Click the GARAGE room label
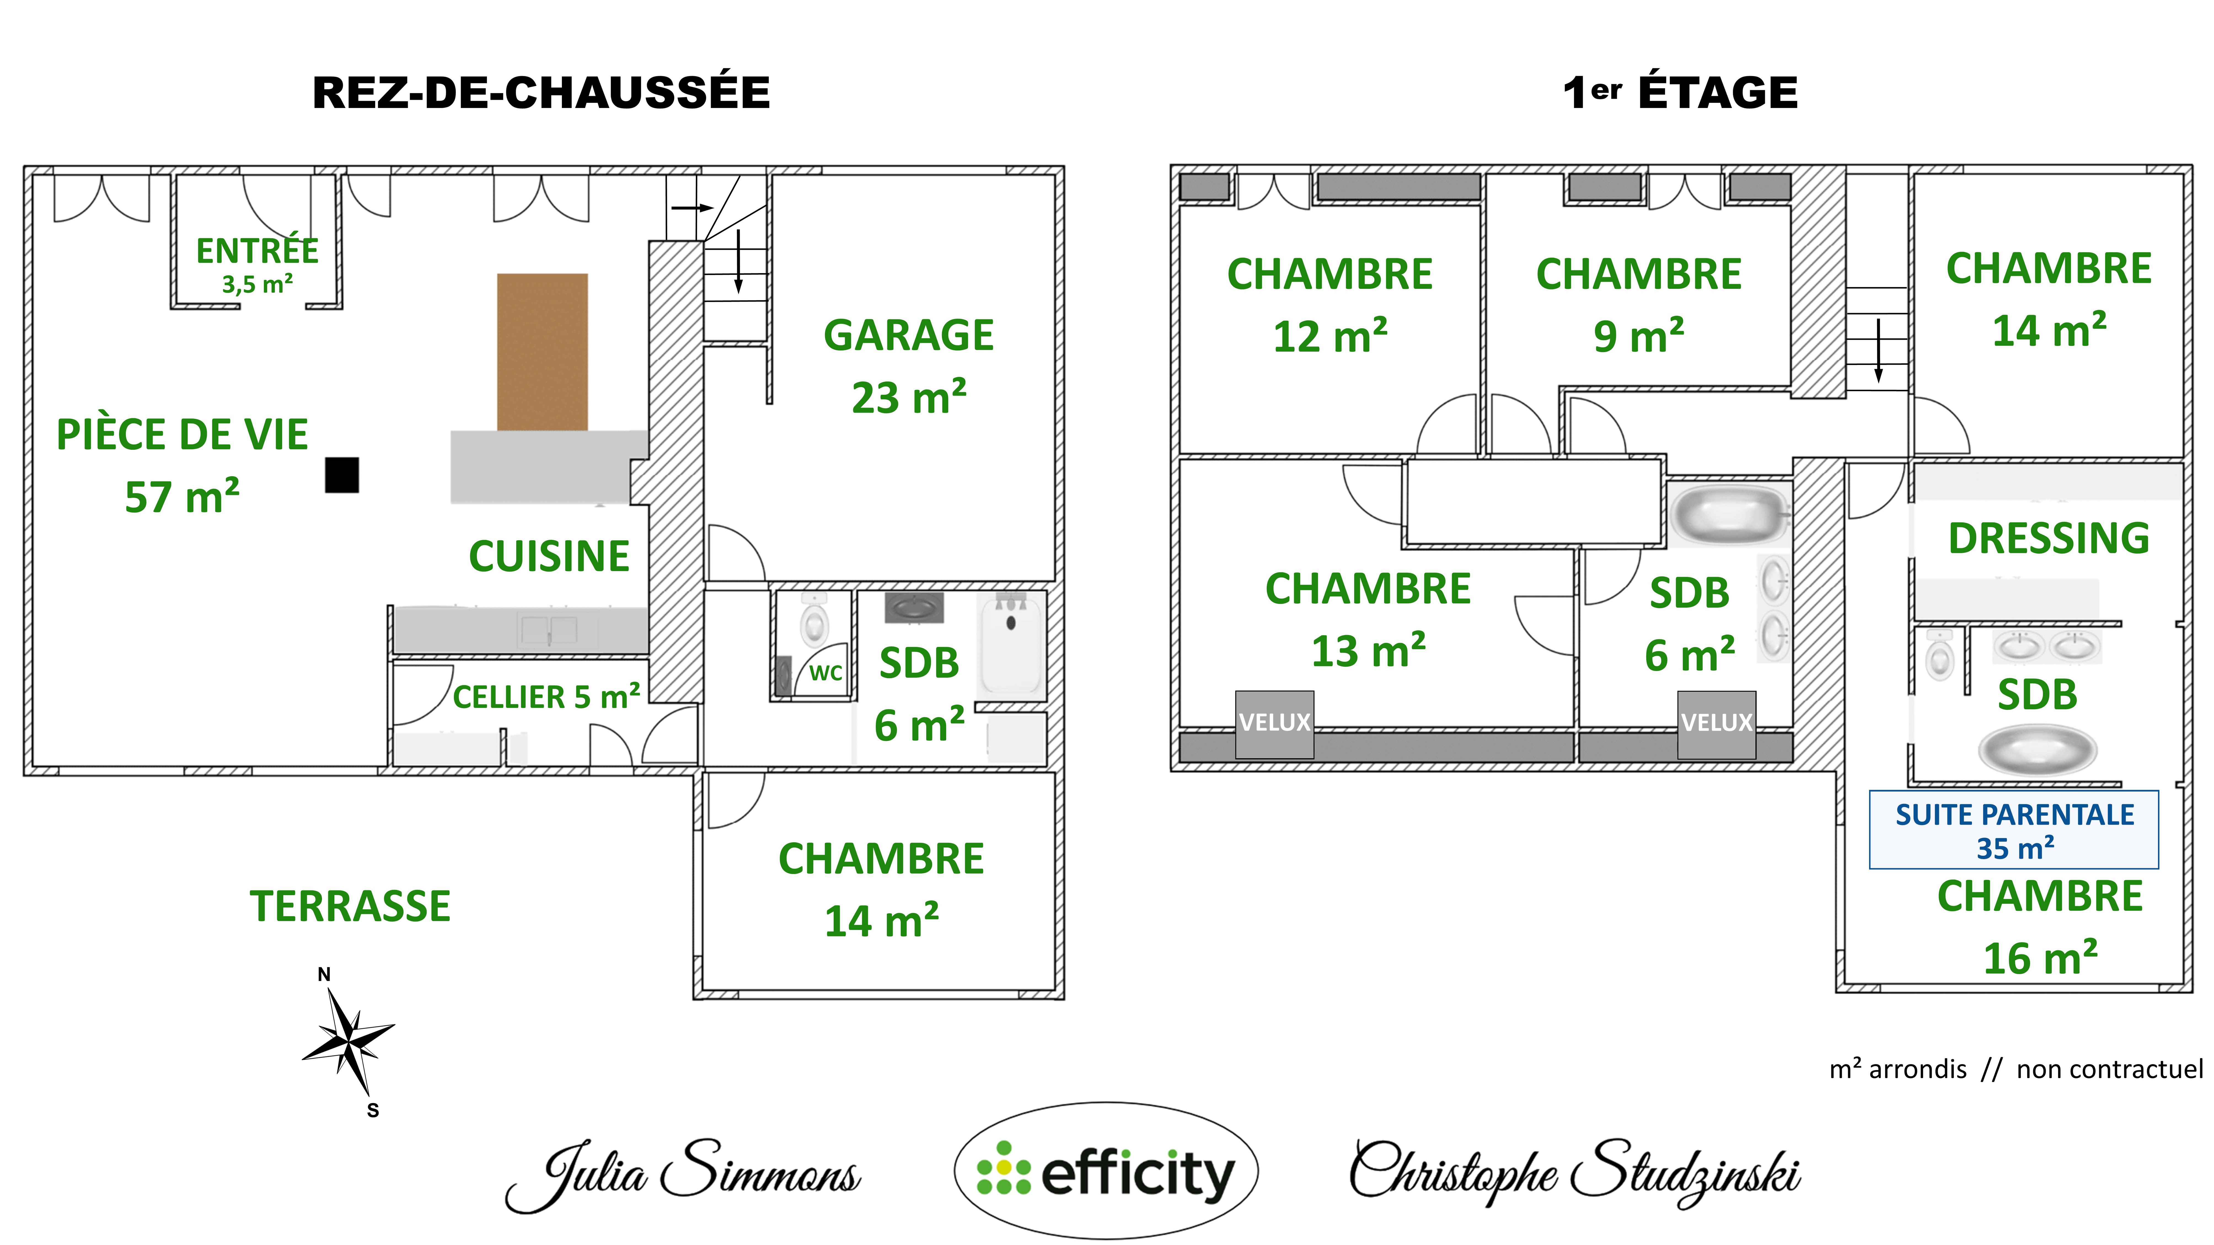tap(908, 335)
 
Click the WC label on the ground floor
tap(825, 673)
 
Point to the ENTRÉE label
tap(257, 251)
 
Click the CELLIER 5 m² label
tap(546, 697)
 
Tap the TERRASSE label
tap(350, 906)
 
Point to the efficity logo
tap(1106, 1171)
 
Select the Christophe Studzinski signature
tap(1575, 1172)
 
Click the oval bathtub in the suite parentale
tap(2037, 749)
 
